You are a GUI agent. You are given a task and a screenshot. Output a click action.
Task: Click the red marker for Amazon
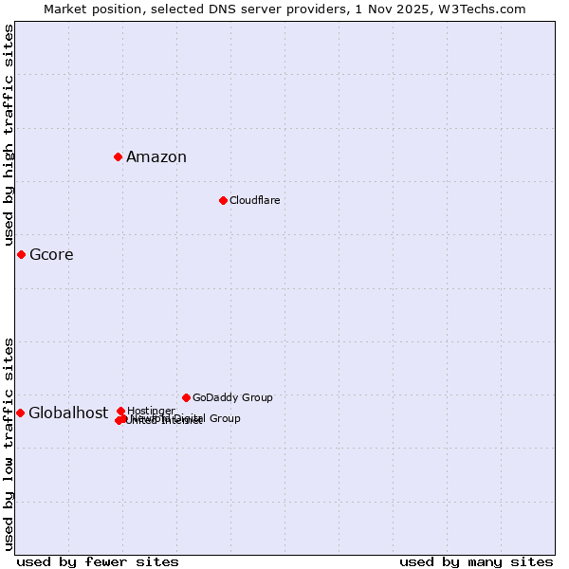click(118, 156)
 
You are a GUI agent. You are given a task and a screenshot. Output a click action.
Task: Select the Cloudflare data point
click(223, 200)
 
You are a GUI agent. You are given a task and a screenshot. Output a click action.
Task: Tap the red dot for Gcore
click(21, 254)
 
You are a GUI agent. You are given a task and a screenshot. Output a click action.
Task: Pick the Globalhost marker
click(20, 413)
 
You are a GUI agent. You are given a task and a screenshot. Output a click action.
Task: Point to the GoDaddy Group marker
click(186, 397)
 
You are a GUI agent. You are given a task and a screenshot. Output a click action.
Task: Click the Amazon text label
click(156, 157)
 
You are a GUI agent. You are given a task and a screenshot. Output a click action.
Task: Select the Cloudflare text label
click(254, 201)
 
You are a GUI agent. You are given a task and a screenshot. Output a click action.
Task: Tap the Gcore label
click(51, 255)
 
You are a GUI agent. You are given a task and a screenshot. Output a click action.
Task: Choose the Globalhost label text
click(68, 413)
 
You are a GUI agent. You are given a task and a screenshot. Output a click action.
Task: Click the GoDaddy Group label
click(232, 398)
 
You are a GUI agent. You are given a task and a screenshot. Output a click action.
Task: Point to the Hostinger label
click(151, 411)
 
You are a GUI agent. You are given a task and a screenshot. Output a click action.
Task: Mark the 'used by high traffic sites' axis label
click(9, 136)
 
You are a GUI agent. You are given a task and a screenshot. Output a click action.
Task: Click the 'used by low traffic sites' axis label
click(9, 444)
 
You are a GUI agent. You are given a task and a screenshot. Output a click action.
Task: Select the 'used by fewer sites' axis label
click(98, 561)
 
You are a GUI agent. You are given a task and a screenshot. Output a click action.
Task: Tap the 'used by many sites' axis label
click(476, 561)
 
